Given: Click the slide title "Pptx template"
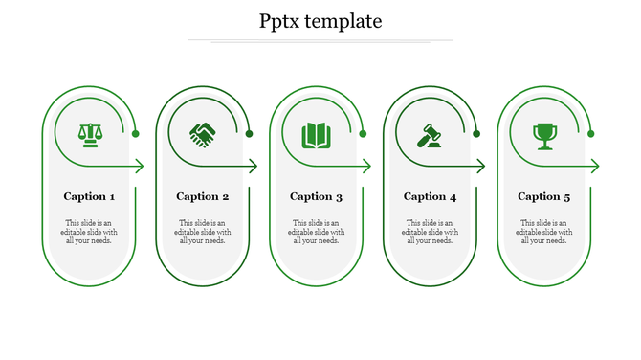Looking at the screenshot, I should click(320, 21).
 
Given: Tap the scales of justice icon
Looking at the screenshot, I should click(90, 134).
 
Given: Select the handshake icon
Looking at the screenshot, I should click(203, 135).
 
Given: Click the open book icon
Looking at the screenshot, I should click(316, 135).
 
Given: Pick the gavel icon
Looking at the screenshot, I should click(430, 135).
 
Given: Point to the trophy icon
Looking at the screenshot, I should click(544, 135).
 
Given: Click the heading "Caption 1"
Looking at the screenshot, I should click(90, 196).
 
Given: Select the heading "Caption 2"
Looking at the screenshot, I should click(203, 196).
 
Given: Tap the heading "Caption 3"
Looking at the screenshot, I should click(317, 196).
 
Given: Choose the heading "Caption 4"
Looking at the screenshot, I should click(431, 196).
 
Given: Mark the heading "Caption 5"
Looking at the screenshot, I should click(544, 196).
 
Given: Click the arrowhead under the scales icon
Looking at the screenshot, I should click(139, 167).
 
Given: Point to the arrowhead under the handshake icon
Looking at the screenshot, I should click(253, 167).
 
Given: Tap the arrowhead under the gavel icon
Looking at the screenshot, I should click(480, 167).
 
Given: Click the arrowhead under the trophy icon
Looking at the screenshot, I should click(594, 167).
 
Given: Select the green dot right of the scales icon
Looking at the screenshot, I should click(136, 134).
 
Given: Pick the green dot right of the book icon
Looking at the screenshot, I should click(364, 134).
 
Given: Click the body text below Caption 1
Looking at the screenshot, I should click(90, 232).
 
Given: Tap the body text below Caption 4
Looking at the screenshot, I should click(431, 232).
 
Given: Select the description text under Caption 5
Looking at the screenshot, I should click(544, 232).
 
